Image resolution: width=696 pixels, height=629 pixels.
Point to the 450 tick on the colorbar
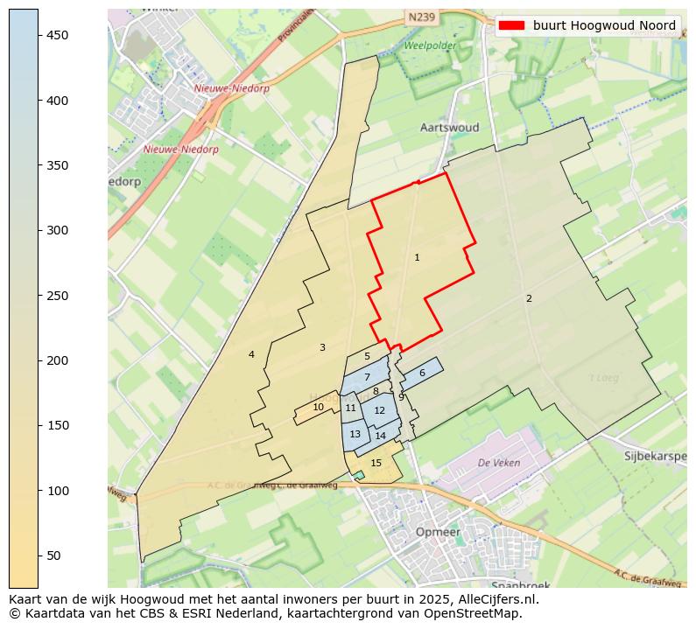point(39,35)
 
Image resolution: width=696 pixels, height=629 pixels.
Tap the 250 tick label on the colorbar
point(58,296)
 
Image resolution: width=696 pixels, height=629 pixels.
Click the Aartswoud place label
point(449,128)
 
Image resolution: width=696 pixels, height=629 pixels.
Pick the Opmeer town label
point(438,532)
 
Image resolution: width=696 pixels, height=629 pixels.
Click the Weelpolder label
point(430,45)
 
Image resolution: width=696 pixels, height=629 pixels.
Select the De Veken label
point(499,463)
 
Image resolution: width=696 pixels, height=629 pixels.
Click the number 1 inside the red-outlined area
point(417,257)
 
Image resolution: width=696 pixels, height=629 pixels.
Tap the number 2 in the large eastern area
point(529,298)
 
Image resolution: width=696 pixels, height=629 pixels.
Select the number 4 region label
point(251,354)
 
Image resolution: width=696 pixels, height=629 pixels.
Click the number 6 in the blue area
point(422,373)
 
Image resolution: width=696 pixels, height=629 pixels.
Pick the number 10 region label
point(319,407)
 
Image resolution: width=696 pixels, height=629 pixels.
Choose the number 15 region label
point(376,463)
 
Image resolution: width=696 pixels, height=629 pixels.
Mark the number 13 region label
point(355,434)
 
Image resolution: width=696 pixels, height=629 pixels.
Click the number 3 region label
point(322,347)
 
